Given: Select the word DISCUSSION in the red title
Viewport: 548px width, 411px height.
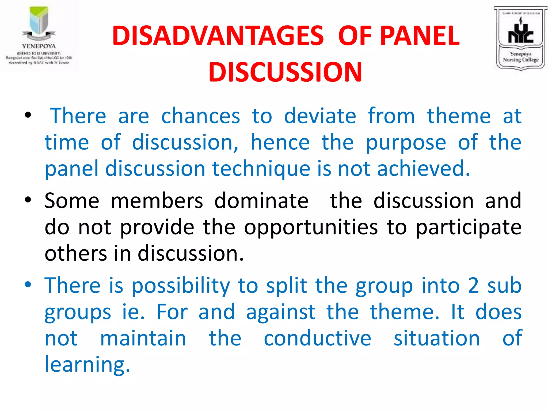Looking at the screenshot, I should click(285, 72).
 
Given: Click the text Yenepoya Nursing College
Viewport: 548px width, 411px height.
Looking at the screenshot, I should click(520, 57).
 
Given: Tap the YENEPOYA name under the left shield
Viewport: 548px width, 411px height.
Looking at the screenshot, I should click(39, 46).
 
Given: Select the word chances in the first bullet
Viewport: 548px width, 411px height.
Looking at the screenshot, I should click(201, 116).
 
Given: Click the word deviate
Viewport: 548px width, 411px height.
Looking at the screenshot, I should click(320, 116).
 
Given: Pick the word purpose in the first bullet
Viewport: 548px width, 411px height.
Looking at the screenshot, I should click(406, 143).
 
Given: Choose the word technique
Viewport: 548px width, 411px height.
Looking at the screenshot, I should click(261, 169).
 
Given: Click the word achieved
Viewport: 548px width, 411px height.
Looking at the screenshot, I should click(423, 169).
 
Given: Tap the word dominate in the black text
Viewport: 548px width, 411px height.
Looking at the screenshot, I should click(261, 201).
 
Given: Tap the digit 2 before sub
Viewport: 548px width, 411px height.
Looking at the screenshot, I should click(473, 286).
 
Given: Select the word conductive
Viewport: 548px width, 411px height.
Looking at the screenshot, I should click(317, 338).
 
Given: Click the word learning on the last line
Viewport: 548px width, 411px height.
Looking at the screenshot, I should click(87, 364).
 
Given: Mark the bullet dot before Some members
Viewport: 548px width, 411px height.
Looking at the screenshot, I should click(28, 200).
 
